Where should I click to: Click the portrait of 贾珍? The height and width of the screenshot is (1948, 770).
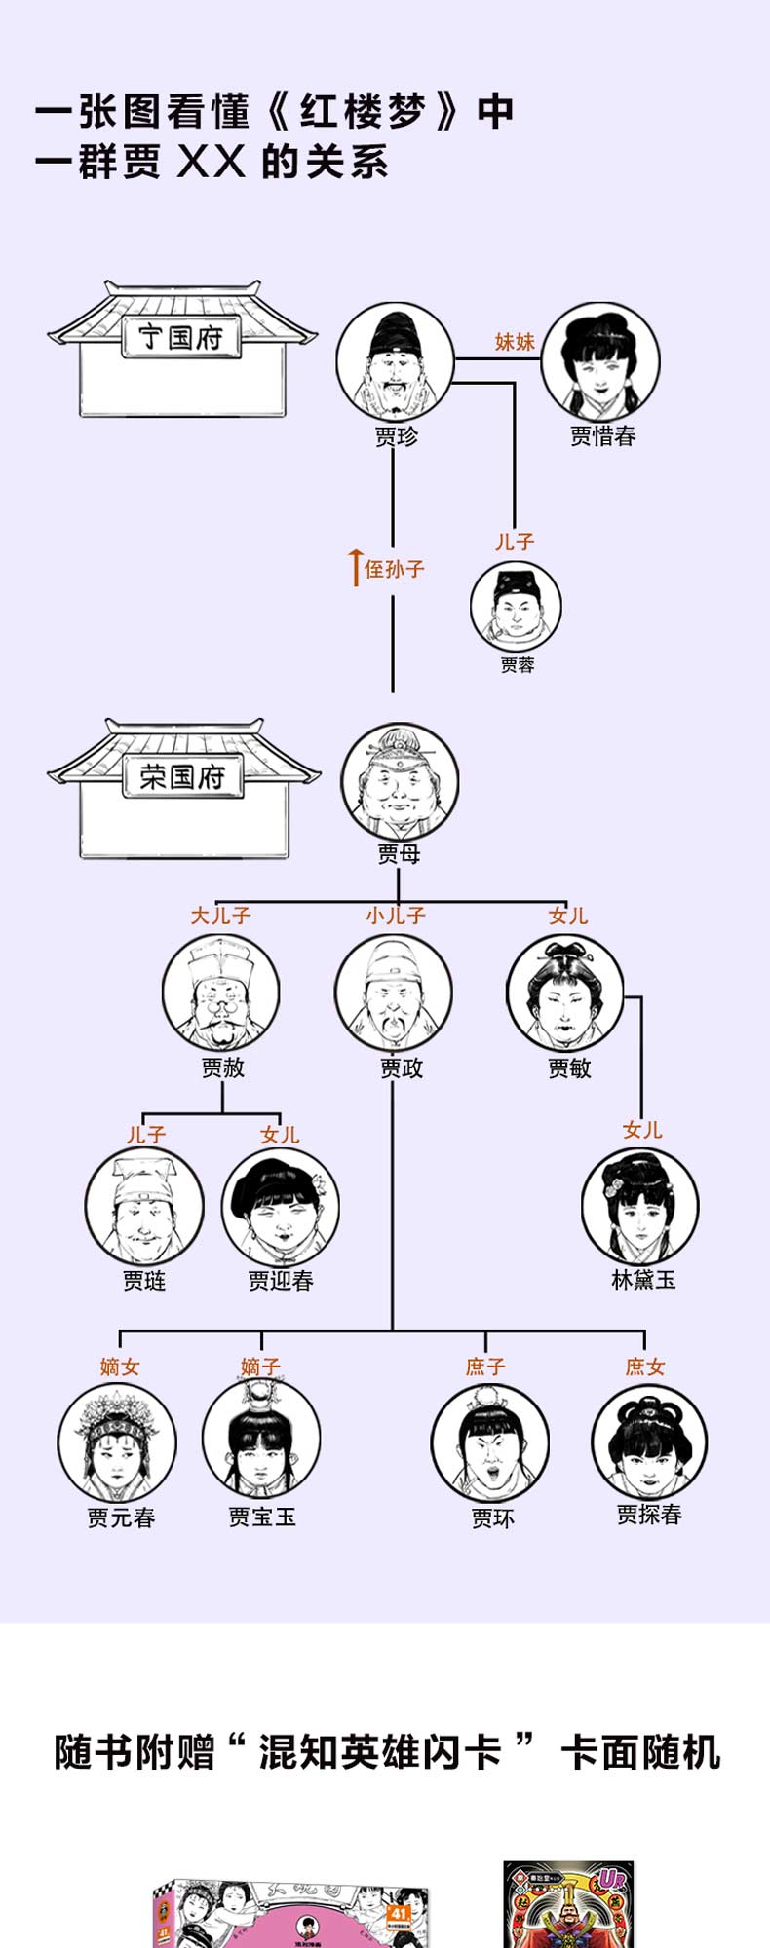click(395, 360)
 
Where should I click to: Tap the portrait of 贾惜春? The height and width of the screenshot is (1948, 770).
click(600, 360)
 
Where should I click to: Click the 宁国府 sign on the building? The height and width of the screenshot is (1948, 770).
click(181, 338)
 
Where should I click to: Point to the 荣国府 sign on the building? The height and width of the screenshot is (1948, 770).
click(183, 777)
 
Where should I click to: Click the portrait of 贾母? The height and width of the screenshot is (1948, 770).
click(399, 781)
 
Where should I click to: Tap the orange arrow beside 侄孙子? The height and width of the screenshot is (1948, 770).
click(356, 568)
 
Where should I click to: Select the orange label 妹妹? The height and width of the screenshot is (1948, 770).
click(515, 341)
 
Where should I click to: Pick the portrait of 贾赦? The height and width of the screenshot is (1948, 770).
click(220, 993)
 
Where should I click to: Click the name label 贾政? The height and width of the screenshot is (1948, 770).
click(402, 1068)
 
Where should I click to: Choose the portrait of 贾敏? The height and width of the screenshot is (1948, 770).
click(564, 993)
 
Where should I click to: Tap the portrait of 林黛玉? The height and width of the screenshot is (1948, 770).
click(639, 1206)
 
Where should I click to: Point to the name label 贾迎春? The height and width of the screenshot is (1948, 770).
click(281, 1280)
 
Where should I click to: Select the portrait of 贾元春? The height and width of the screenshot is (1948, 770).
click(117, 1442)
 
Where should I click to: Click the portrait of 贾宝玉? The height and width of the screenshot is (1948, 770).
click(260, 1440)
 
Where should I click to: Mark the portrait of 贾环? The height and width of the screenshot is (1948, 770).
click(489, 1442)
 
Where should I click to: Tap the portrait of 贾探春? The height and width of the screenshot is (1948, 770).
click(649, 1442)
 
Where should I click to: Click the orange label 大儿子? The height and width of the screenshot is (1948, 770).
click(220, 916)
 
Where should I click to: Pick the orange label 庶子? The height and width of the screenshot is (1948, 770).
click(485, 1367)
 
